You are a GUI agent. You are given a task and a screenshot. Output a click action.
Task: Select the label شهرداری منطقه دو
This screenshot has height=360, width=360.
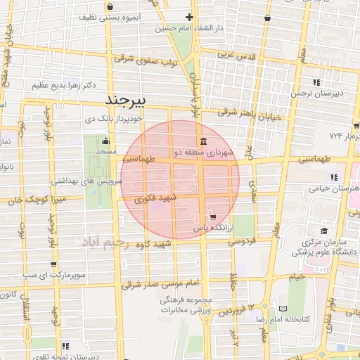pos(203,152)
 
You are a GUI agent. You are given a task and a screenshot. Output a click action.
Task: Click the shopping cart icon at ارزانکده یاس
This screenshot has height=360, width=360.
pos(213,217)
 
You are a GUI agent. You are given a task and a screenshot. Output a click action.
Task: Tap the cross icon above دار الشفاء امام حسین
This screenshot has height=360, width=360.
pos(189,17)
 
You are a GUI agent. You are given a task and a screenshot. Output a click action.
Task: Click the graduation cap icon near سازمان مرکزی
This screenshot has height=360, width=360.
pos(323,231)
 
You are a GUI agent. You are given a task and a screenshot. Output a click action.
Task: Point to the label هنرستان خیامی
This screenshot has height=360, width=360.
pos(335,188)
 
